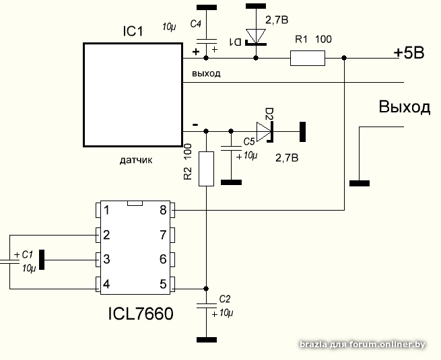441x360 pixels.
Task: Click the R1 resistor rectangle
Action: point(308,58)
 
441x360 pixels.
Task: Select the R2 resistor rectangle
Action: point(206,169)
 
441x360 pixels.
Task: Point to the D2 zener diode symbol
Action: point(265,131)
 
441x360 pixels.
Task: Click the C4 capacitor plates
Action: point(207,41)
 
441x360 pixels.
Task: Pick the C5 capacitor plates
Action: point(231,149)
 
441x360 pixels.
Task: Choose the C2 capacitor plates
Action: point(207,305)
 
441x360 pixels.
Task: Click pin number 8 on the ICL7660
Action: point(163,210)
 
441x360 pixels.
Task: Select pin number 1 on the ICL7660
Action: point(106,210)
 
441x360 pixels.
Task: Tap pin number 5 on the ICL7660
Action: point(163,284)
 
